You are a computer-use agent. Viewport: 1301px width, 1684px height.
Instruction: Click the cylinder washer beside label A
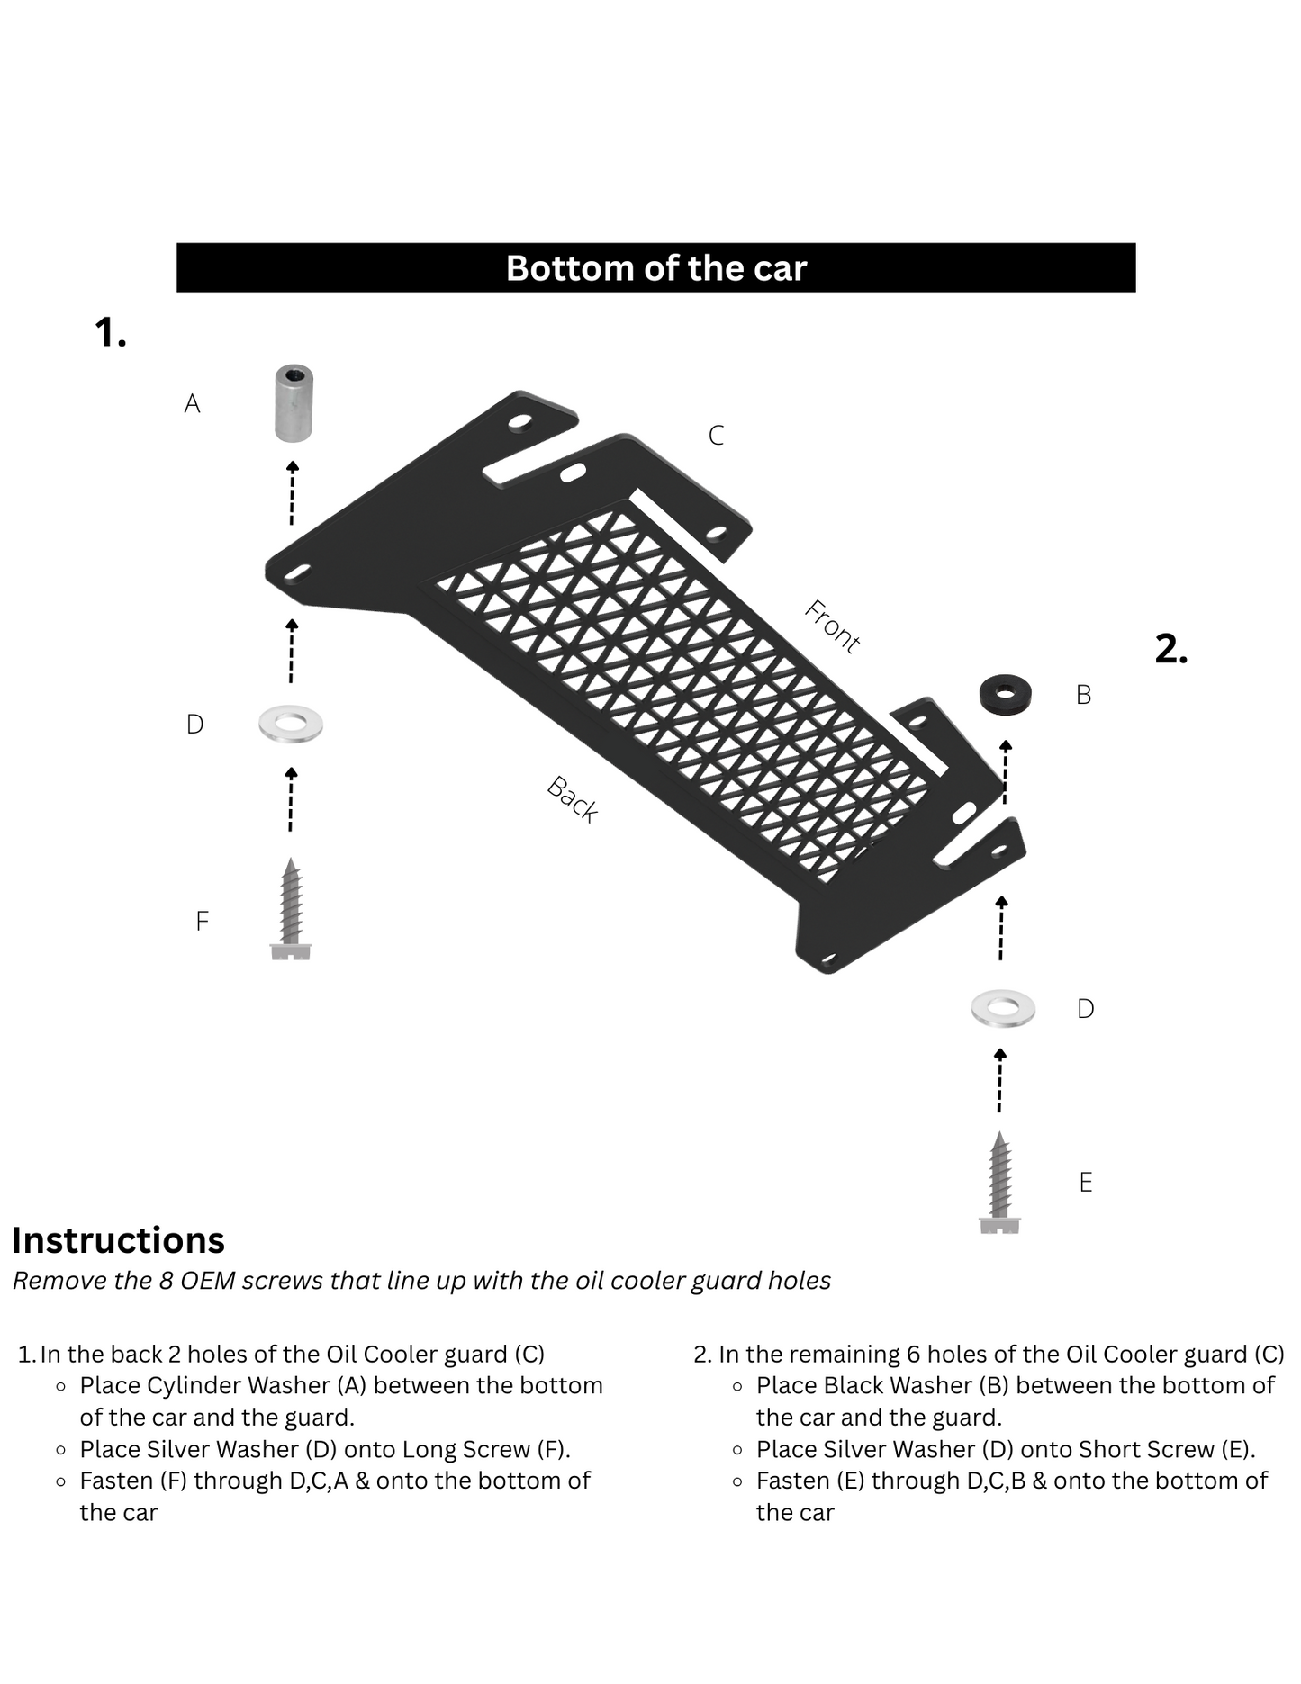pyautogui.click(x=294, y=403)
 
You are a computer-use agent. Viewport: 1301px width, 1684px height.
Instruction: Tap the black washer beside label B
pyautogui.click(x=1005, y=695)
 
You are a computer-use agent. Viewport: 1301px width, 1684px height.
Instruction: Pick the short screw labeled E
pyautogui.click(x=999, y=1183)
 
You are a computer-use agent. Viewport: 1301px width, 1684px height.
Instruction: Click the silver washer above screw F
pyautogui.click(x=291, y=724)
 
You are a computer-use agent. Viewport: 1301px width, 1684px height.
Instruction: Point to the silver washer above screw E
pyautogui.click(x=1003, y=1008)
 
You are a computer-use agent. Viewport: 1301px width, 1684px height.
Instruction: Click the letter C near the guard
pyautogui.click(x=716, y=436)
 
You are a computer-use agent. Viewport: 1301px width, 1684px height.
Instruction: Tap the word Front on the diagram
pyautogui.click(x=832, y=626)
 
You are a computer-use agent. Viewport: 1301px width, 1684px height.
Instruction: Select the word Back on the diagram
pyautogui.click(x=573, y=799)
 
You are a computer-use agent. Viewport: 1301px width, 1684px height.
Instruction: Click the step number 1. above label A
pyautogui.click(x=110, y=333)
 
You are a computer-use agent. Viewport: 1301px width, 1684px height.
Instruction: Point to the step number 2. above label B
pyautogui.click(x=1170, y=649)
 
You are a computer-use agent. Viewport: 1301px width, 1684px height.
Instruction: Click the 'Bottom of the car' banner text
pyautogui.click(x=655, y=268)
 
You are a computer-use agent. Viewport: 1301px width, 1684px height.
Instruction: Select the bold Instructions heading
pyautogui.click(x=118, y=1240)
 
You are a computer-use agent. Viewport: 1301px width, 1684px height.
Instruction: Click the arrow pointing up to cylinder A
pyautogui.click(x=292, y=492)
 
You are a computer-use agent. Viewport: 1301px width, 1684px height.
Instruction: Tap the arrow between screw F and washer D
pyautogui.click(x=291, y=799)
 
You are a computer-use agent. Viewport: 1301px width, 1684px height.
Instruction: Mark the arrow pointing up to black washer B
pyautogui.click(x=1006, y=771)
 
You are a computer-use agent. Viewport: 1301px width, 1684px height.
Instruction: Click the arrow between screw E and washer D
pyautogui.click(x=999, y=1080)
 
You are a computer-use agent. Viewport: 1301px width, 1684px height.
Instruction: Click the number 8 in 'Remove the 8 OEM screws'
pyautogui.click(x=166, y=1281)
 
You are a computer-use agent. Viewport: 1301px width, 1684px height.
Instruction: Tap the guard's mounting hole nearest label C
pyautogui.click(x=718, y=533)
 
